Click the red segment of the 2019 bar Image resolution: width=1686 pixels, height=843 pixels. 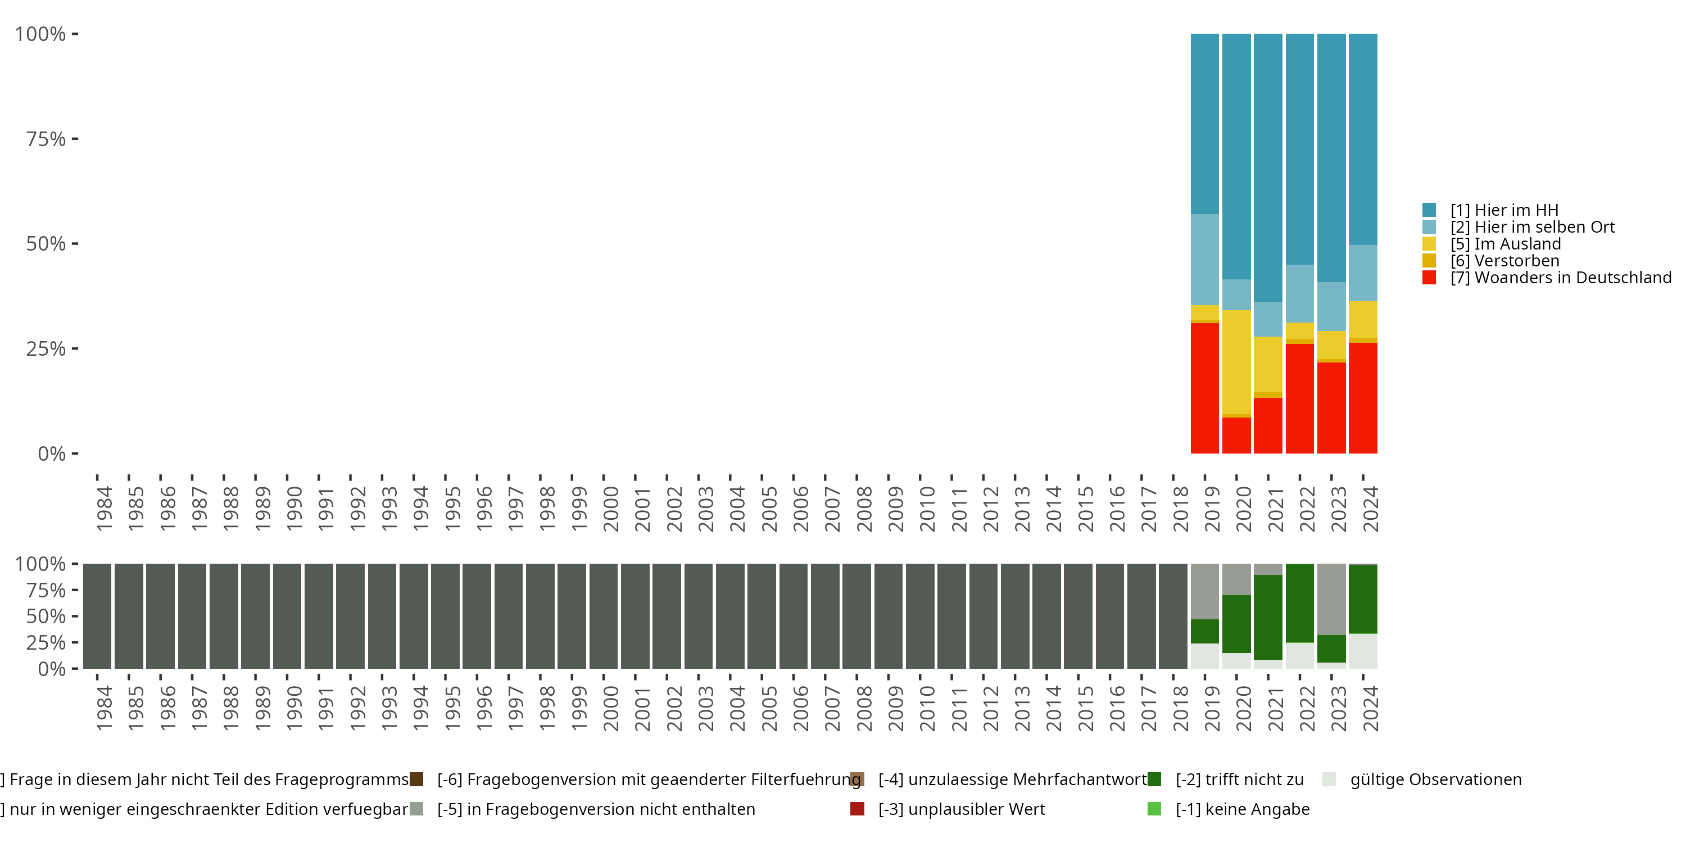coord(1204,388)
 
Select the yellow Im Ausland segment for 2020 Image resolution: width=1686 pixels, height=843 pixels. coord(1236,362)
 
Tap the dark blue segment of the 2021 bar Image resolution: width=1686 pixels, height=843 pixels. coord(1268,167)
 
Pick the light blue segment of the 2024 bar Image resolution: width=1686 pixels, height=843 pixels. coord(1363,273)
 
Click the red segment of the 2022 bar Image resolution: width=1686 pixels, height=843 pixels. coord(1300,398)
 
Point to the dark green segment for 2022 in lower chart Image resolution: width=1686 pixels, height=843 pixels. coord(1300,604)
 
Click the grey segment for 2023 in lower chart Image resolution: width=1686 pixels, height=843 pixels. coord(1331,600)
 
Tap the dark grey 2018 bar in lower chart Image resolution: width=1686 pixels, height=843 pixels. coord(1173,617)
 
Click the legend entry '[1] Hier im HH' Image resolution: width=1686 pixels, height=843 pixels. coord(1490,210)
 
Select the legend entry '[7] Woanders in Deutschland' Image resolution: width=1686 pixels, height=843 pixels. coord(1547,278)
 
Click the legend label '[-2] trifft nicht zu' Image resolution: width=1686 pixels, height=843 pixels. coord(1240,779)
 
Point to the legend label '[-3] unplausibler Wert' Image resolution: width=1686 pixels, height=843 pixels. coord(962,809)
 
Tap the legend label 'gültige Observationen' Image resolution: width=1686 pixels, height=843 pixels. coord(1436,779)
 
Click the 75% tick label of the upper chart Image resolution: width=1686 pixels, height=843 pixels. coord(46,139)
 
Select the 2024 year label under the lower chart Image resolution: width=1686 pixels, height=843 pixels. coord(1371,708)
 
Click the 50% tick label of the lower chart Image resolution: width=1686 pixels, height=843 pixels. coord(46,617)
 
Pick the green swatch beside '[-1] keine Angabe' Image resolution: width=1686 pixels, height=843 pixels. coord(1154,809)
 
